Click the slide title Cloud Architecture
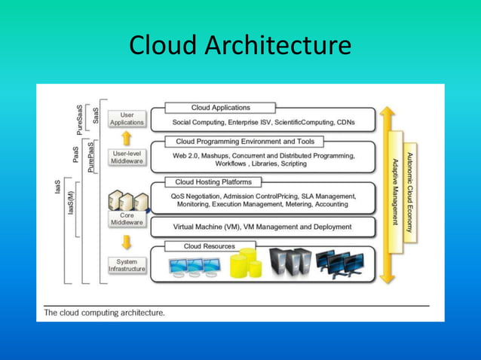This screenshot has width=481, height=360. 240,45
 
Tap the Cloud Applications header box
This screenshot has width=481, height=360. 220,108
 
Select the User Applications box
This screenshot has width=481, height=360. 127,118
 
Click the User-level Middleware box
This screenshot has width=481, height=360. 127,157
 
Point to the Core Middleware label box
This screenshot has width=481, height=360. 127,218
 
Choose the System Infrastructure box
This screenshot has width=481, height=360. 127,265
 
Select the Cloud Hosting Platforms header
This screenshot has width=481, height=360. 213,182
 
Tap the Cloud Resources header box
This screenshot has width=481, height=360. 209,246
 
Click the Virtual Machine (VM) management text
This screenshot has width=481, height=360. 252,226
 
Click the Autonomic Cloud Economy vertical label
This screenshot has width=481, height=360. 409,191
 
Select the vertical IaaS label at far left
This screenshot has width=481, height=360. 58,186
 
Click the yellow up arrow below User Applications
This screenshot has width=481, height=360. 127,137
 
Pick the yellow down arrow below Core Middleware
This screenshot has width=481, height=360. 127,241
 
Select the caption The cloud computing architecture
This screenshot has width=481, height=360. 105,313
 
